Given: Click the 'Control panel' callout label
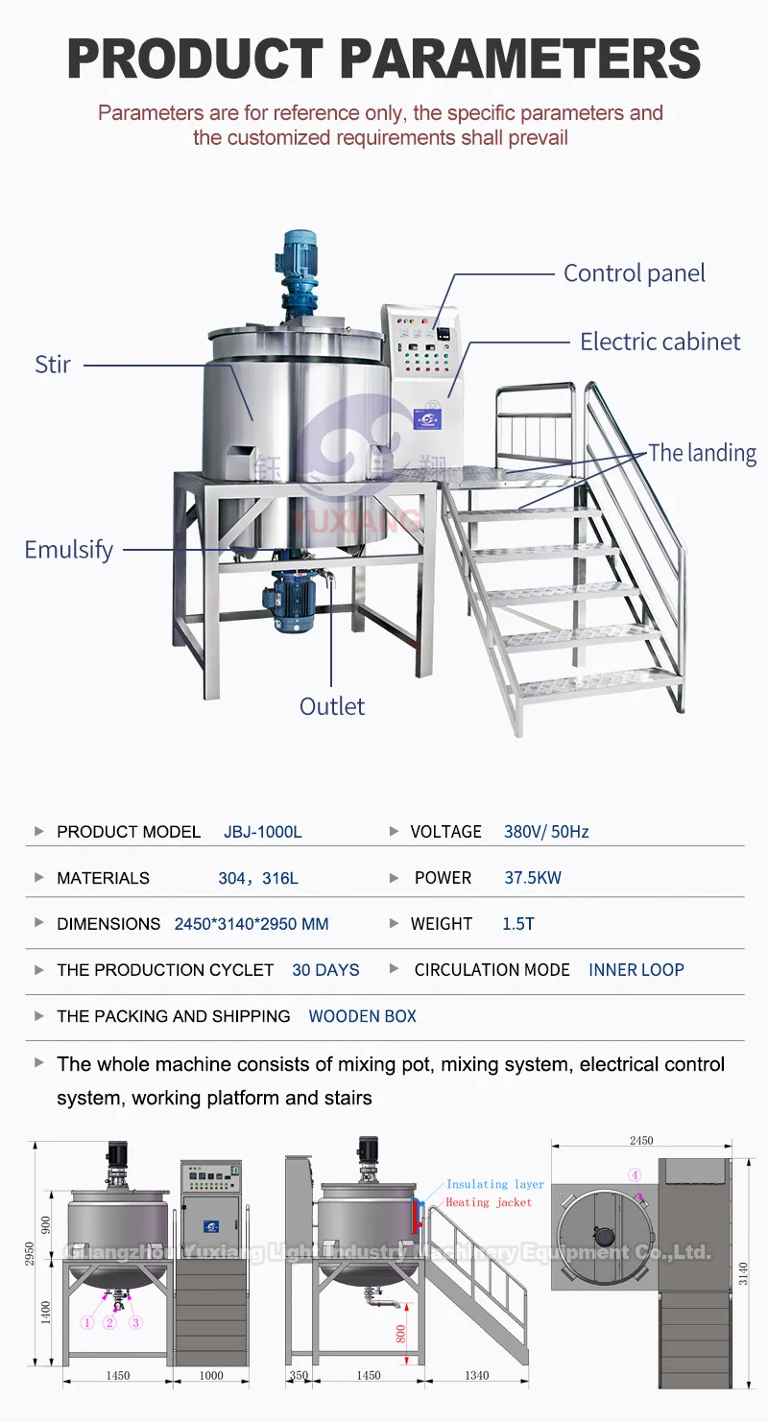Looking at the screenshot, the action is [634, 273].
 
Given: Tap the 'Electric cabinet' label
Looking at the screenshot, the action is [660, 342].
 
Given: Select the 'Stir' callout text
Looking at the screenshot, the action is [53, 365].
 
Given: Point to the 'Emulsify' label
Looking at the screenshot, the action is [68, 550].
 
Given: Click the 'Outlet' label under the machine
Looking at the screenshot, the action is [332, 706].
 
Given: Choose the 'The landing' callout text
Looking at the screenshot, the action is [702, 453].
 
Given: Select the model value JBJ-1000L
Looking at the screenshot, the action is [263, 832].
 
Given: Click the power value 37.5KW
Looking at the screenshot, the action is [533, 878].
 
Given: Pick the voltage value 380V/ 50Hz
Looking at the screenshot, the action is [546, 832].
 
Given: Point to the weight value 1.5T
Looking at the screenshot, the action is [518, 924].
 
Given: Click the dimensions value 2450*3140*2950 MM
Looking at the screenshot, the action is [252, 924].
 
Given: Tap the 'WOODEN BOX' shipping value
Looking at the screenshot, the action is [363, 1016].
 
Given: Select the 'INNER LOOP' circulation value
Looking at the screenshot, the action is [636, 970].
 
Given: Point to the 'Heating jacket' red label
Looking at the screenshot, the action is [489, 1202].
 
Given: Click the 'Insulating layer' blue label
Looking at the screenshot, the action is [495, 1185].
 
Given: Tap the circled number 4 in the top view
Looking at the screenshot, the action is [635, 1174].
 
